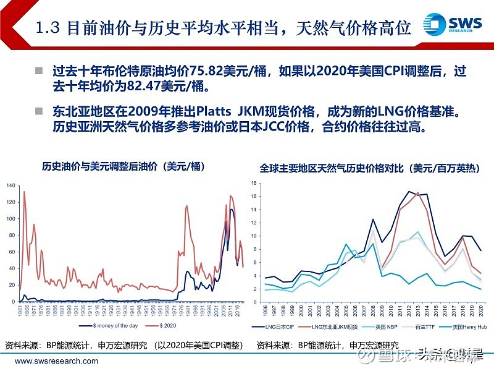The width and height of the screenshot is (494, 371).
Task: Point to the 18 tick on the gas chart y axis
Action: click(254, 183)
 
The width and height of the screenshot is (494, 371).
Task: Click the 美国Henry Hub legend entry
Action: click(463, 326)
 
